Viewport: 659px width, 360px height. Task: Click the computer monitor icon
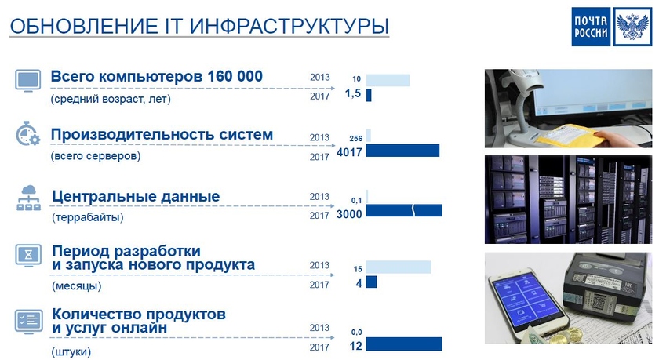pos(28,81)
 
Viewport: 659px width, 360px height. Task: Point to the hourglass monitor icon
pos(28,256)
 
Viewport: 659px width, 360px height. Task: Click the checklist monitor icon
pos(28,320)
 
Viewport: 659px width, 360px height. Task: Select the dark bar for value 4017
pos(402,151)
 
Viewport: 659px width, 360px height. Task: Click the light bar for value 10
pos(388,80)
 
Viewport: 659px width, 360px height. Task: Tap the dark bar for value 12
pos(404,344)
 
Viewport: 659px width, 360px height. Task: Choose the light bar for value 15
pos(399,267)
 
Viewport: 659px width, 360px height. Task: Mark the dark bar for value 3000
pos(404,210)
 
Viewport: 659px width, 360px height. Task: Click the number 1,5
pos(352,94)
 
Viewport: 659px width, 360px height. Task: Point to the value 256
pos(355,138)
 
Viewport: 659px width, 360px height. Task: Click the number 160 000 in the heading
pos(235,76)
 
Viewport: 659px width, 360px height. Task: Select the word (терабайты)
pos(87,216)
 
